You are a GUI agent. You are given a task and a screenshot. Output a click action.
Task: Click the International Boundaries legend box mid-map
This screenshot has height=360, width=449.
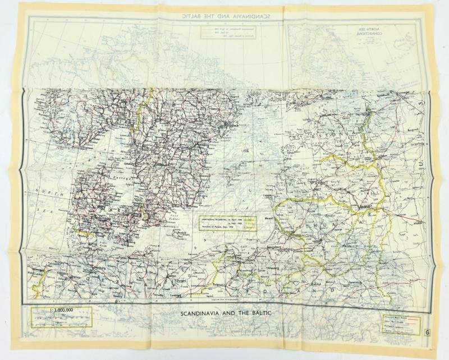226,223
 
